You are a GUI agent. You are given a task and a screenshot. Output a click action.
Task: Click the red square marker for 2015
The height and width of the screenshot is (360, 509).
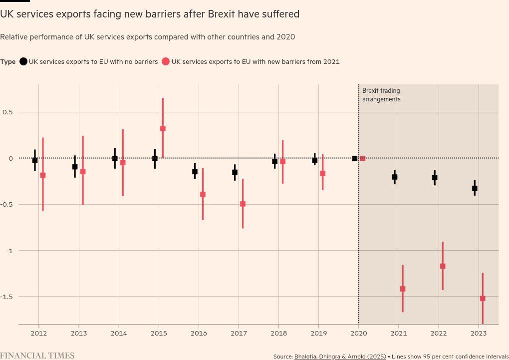coord(163,128)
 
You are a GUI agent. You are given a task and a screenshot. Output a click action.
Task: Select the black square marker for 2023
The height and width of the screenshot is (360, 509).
coord(475,188)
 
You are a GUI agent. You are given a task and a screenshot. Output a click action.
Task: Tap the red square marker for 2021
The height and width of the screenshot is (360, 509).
coord(403,289)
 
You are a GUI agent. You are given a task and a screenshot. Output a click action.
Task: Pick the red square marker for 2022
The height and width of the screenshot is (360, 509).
coord(443,266)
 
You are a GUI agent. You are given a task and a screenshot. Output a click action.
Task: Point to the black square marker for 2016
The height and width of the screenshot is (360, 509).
coord(195,171)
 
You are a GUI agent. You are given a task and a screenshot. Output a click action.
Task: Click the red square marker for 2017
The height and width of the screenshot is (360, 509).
coord(243,204)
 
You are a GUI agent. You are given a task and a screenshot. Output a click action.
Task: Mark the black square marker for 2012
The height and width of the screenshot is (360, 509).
coord(35,160)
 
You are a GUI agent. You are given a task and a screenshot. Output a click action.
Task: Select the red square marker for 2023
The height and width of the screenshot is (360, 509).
coord(483,299)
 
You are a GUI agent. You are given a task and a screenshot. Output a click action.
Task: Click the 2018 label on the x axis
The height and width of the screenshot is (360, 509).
coord(278,333)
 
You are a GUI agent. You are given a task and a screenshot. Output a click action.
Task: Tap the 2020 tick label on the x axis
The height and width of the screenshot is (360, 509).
coord(358,333)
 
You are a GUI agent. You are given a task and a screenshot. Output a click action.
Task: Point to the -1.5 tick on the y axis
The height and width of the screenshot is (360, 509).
coord(7,297)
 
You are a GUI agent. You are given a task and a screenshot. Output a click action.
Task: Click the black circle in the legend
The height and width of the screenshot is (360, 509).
coord(23,62)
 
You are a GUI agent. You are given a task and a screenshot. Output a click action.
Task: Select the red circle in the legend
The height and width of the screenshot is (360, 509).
coord(166,62)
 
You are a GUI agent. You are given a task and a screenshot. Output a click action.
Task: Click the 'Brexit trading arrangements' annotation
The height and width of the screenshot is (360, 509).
coord(381,95)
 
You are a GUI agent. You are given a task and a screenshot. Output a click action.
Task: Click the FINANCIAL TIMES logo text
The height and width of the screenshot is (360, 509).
coord(37,356)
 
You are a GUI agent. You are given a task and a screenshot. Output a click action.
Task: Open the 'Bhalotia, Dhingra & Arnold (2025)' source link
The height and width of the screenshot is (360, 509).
coord(340,357)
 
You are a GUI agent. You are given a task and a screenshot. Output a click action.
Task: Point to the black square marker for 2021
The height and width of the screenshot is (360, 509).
coord(395,177)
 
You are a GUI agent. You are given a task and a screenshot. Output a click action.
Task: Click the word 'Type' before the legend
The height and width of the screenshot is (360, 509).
coord(8,62)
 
